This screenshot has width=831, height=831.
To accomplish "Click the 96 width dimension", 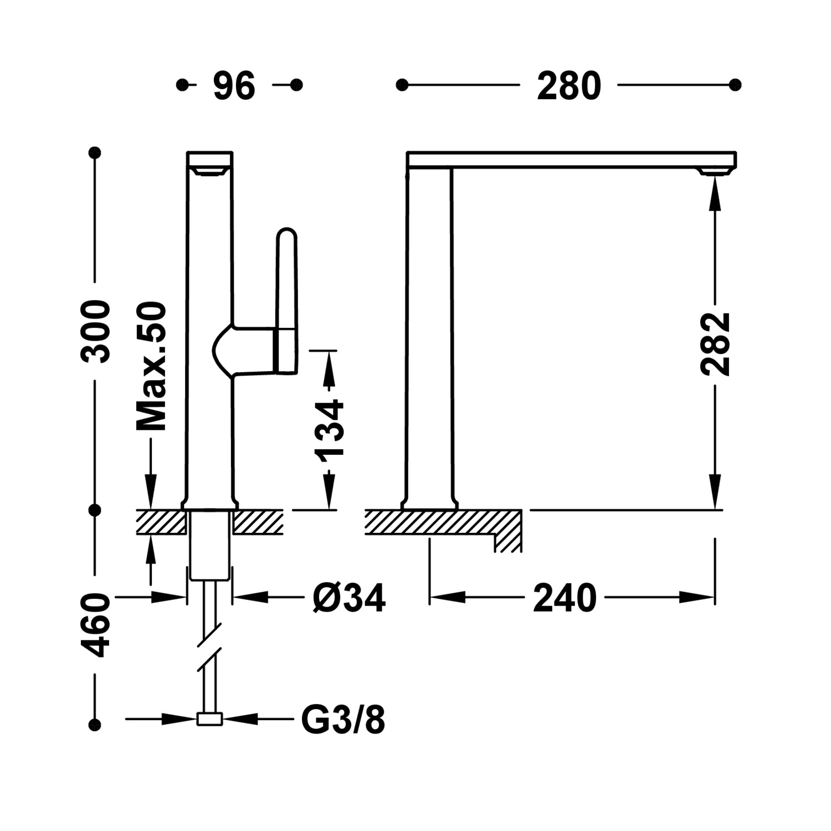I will pos(234,86).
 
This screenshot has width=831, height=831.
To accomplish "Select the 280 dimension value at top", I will pos(569,86).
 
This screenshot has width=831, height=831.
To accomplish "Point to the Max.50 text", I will pos(151,366).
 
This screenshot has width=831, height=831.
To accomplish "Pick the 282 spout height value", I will pos(715,344).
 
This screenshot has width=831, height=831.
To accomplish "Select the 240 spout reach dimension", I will pos(565,598).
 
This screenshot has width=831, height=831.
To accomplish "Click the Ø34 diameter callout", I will pos(348,598).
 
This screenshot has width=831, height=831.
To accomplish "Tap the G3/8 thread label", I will pos(343,720).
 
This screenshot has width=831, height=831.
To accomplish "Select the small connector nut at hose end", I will pos(210,719).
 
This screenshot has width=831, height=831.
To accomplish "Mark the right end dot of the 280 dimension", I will pos(735,85).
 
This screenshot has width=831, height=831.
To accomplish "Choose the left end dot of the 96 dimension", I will pos(181,85).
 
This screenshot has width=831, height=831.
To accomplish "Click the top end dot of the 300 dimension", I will pos(95,151).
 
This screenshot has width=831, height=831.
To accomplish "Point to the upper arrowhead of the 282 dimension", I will pos(715,194).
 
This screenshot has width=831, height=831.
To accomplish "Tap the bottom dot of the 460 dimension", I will pos(95,724).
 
